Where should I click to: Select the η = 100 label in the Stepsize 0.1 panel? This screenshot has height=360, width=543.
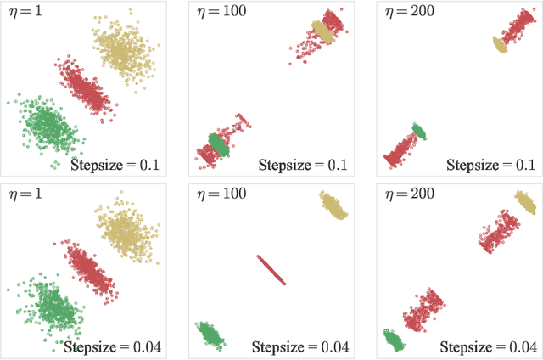click(218, 14)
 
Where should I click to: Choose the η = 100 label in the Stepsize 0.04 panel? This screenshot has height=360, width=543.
click(218, 194)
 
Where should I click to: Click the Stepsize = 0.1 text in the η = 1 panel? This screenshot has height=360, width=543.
click(115, 165)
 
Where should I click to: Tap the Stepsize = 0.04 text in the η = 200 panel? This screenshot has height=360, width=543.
click(488, 346)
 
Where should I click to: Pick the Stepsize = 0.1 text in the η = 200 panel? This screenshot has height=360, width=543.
click(491, 165)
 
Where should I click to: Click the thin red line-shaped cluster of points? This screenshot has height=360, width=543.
click(271, 270)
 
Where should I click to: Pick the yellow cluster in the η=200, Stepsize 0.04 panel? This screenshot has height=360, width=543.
click(526, 203)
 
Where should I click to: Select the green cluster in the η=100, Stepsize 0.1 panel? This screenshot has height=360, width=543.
click(219, 145)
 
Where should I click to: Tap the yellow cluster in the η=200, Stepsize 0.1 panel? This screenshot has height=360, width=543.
click(500, 44)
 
